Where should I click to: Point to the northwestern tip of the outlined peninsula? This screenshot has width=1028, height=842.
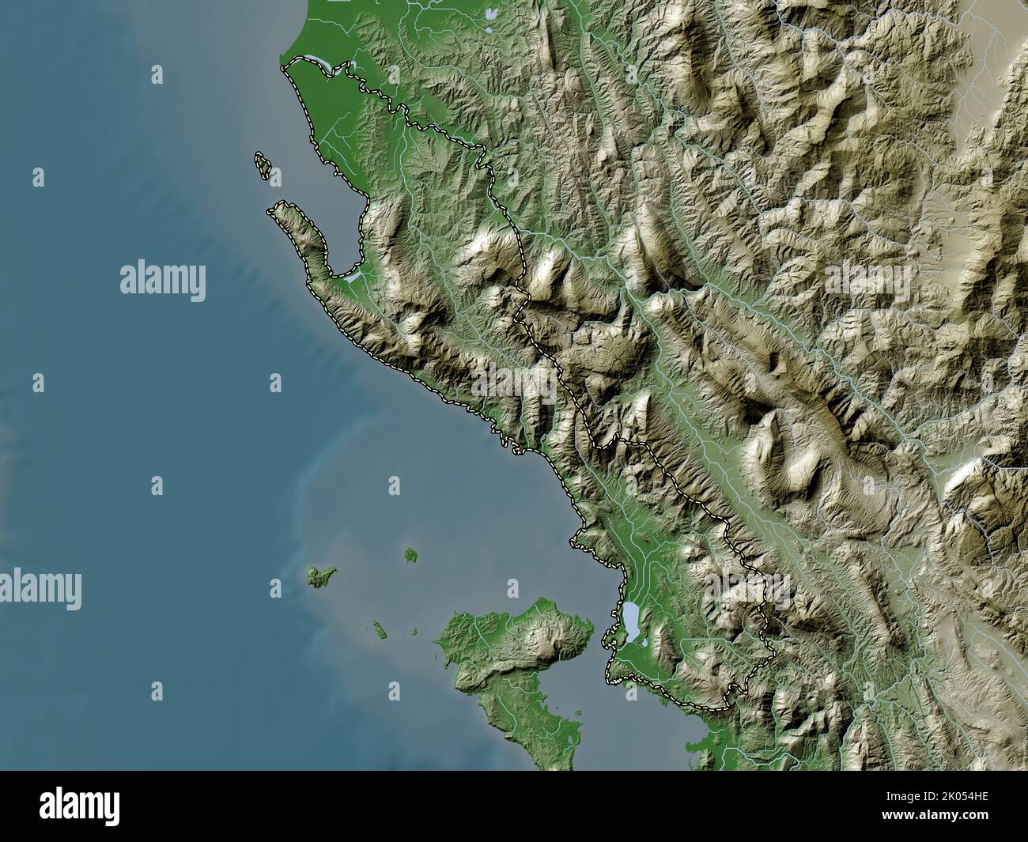[273, 210]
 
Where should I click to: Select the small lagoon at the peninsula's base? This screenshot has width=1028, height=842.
[351, 277]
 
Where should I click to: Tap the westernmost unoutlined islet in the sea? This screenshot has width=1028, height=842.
[320, 576]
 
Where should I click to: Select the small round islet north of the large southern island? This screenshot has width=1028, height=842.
[410, 555]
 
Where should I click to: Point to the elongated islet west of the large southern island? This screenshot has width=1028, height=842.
[379, 630]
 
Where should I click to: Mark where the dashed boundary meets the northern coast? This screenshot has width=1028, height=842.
[285, 69]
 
